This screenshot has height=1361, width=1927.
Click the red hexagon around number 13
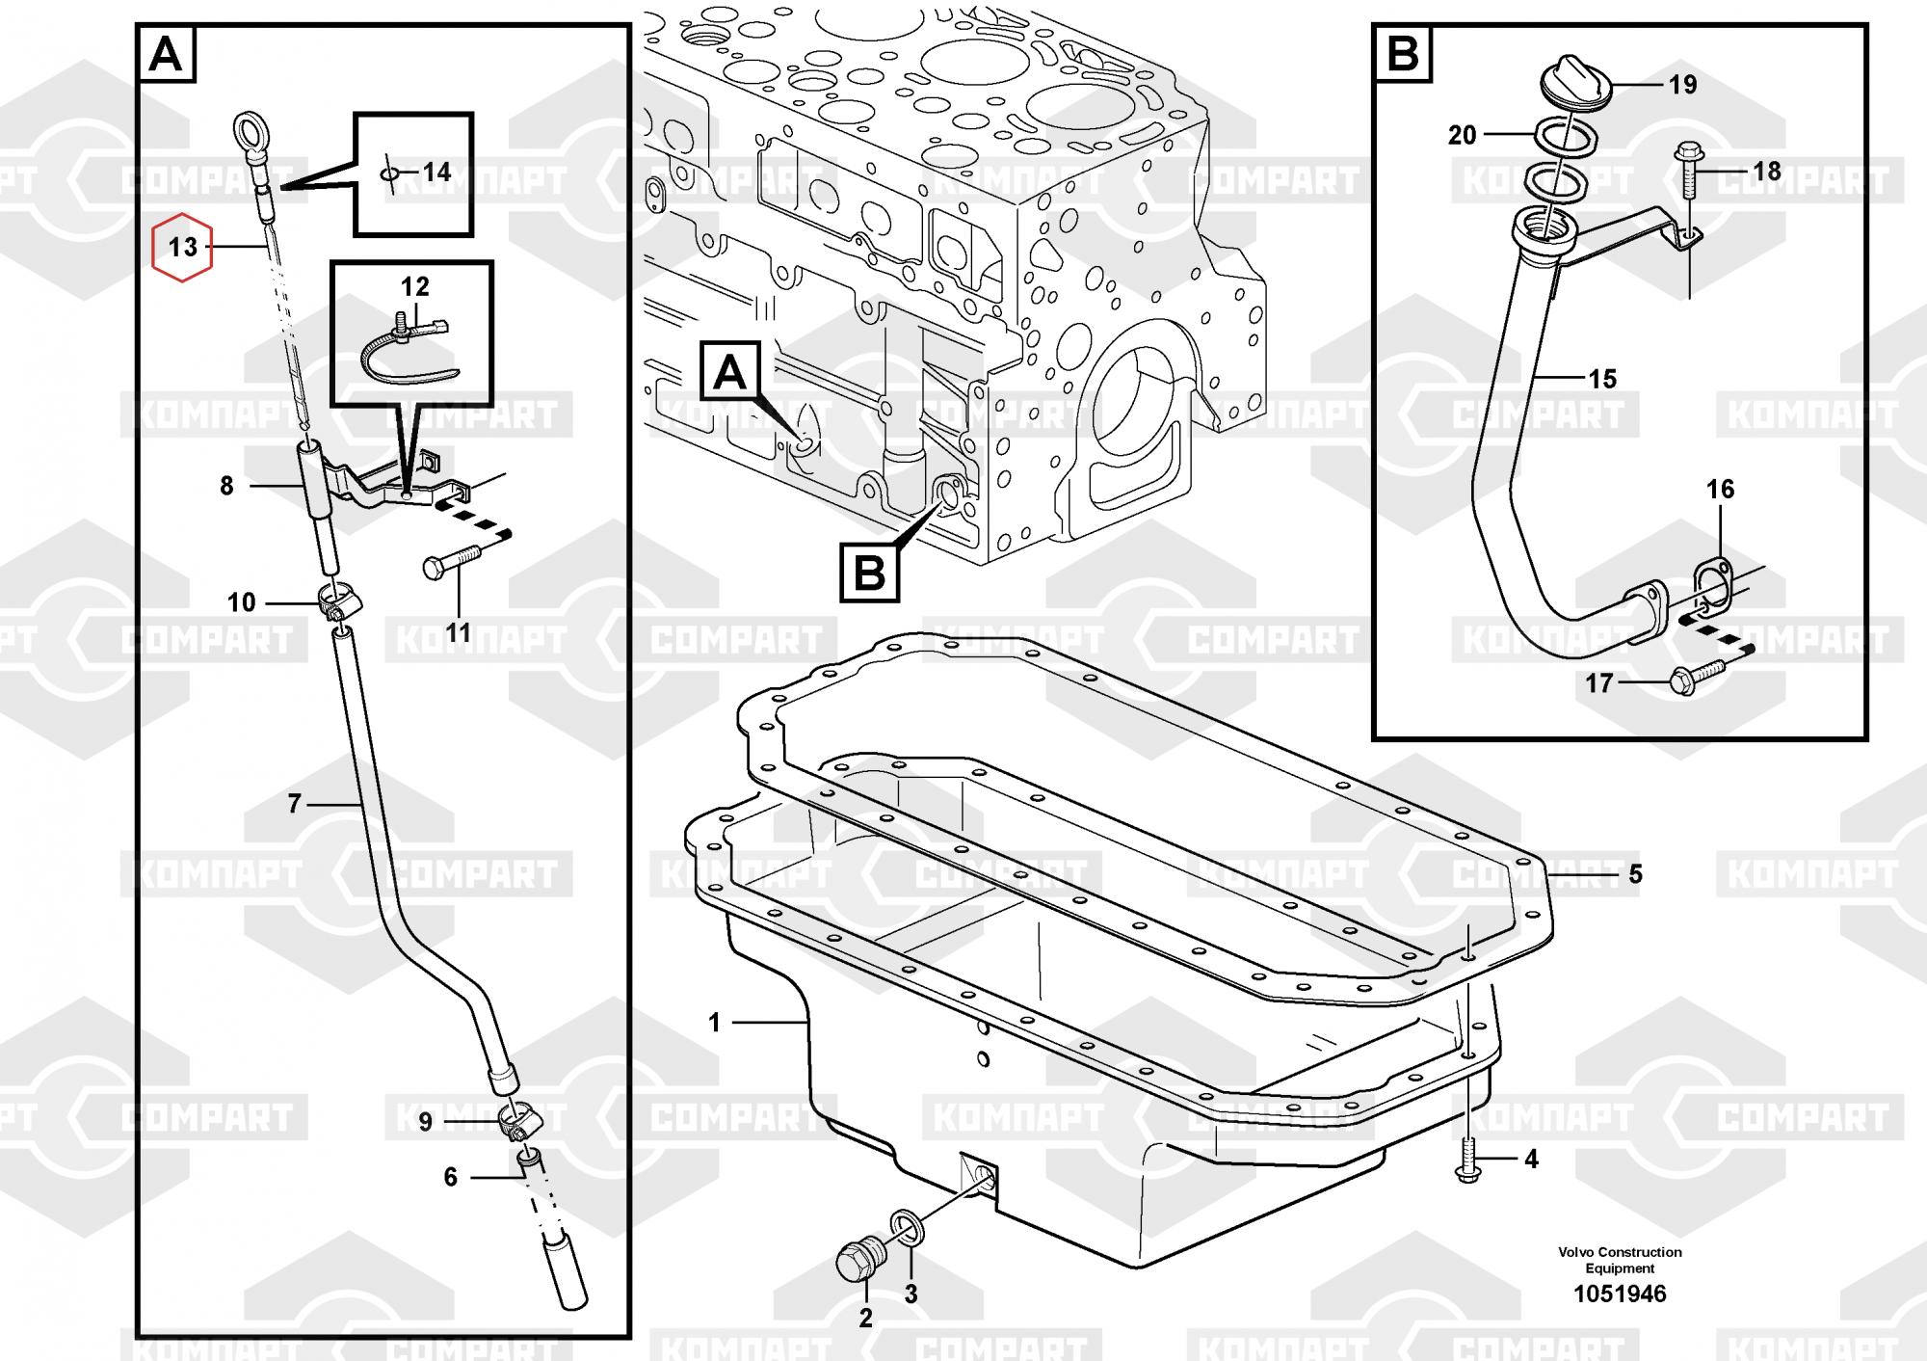(182, 248)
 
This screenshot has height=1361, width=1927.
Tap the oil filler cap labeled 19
(1577, 81)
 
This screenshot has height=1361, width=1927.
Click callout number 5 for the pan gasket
(1635, 875)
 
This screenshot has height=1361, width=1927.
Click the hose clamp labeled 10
(336, 605)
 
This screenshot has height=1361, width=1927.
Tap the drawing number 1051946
(1620, 1294)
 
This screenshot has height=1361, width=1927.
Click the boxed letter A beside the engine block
(729, 371)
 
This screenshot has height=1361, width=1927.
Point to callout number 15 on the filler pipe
(1602, 379)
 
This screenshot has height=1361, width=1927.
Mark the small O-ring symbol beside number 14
(389, 173)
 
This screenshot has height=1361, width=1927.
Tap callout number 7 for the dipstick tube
(295, 803)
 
